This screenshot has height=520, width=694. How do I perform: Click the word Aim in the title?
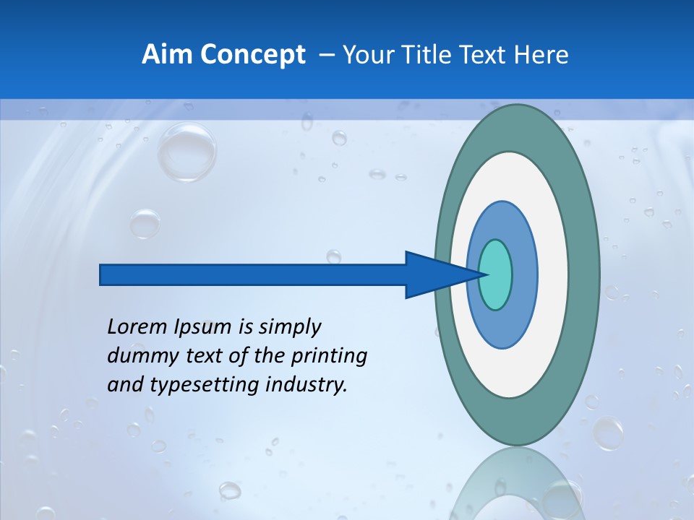167,55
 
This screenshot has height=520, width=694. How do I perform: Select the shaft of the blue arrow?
253,274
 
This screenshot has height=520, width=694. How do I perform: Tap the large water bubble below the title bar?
187,152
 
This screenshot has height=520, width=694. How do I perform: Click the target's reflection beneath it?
517,484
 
